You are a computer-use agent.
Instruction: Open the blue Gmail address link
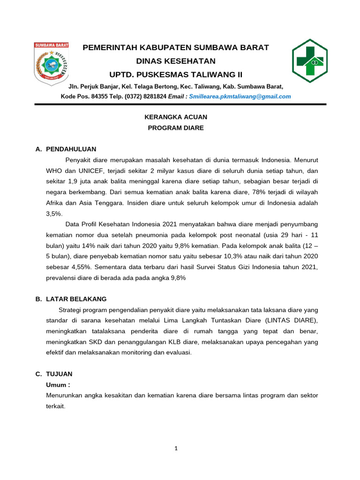click(x=240, y=97)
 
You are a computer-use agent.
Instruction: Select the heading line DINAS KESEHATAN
click(x=175, y=61)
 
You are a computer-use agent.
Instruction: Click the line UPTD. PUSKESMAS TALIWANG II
click(x=176, y=75)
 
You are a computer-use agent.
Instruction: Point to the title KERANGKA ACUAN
click(x=176, y=117)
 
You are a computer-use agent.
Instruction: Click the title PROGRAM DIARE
click(x=176, y=128)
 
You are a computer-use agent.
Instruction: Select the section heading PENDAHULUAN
click(x=71, y=149)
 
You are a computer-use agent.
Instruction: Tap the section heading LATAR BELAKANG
click(x=76, y=299)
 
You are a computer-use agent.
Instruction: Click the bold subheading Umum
click(x=58, y=385)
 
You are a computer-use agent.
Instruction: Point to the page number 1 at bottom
click(x=176, y=448)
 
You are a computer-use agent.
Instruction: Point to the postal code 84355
click(x=99, y=97)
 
